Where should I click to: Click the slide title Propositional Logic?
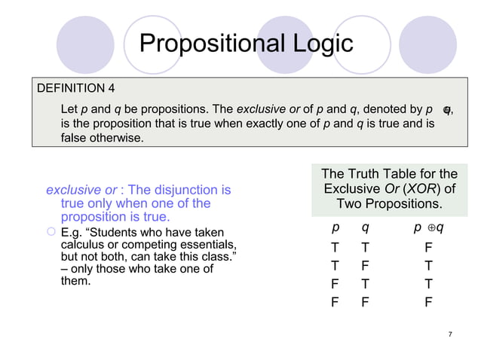[247, 43]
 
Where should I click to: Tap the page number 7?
[449, 334]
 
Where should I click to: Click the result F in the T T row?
[427, 246]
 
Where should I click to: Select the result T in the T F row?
[427, 265]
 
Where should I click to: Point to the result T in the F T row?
[427, 284]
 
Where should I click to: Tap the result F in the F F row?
[427, 303]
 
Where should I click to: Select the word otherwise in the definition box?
[117, 139]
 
